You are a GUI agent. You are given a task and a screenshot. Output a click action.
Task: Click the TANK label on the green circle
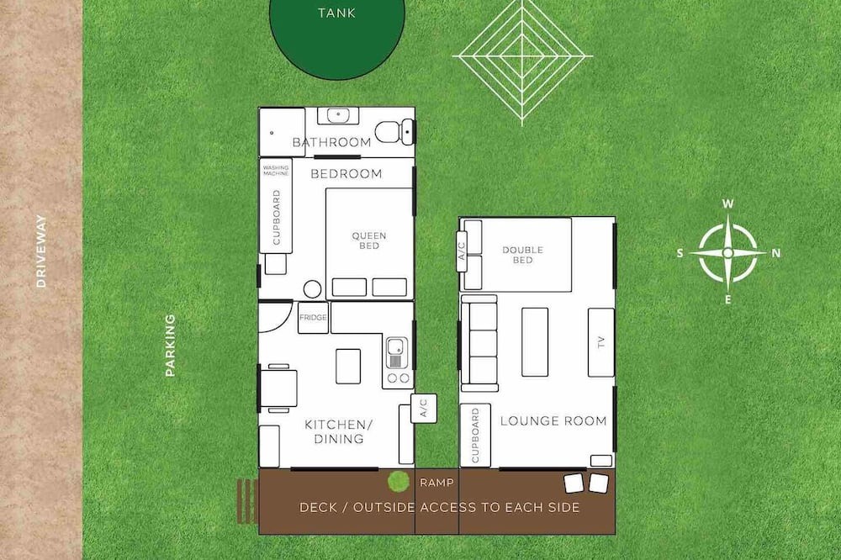(336, 13)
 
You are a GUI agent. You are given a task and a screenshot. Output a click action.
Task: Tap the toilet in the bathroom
(394, 131)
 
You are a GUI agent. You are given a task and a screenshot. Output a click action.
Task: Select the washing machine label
(276, 171)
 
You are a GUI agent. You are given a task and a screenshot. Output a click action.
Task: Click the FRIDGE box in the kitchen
(313, 318)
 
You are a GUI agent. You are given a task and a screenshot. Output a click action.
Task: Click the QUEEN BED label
(369, 240)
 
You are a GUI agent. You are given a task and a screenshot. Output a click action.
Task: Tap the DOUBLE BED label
(523, 255)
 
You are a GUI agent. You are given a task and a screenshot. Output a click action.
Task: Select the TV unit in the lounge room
(600, 342)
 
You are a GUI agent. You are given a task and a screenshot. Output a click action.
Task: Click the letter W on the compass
(727, 203)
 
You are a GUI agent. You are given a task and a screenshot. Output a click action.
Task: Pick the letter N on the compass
(775, 253)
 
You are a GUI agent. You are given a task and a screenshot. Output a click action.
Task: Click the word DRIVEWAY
(41, 251)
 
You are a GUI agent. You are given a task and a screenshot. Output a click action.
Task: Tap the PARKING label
(170, 345)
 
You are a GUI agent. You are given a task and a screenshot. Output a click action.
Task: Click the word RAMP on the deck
(436, 483)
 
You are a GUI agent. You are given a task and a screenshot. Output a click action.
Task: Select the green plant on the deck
(399, 481)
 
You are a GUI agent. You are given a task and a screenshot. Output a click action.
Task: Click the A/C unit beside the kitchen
(424, 408)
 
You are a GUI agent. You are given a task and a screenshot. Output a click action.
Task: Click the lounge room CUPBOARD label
(475, 435)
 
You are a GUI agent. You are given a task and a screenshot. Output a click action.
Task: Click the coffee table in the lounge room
(535, 341)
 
